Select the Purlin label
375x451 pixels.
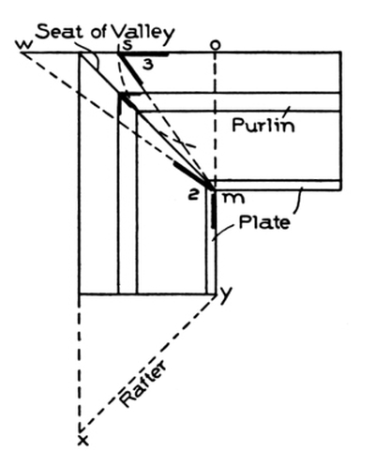click(x=263, y=125)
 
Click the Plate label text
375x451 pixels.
click(x=264, y=222)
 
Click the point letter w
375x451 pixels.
click(x=23, y=45)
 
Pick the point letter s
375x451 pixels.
click(x=127, y=46)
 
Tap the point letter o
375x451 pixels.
click(x=215, y=45)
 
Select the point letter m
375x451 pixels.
click(x=232, y=198)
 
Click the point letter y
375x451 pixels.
click(x=225, y=294)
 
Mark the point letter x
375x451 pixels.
click(x=82, y=441)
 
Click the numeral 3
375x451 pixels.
click(x=148, y=65)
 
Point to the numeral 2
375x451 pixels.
click(x=193, y=195)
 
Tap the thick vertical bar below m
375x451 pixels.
click(x=214, y=210)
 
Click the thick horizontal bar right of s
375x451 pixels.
click(x=144, y=55)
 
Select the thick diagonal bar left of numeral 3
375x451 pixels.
click(x=131, y=68)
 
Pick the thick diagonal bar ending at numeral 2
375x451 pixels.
click(x=192, y=175)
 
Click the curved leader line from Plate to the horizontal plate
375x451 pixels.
click(x=298, y=201)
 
